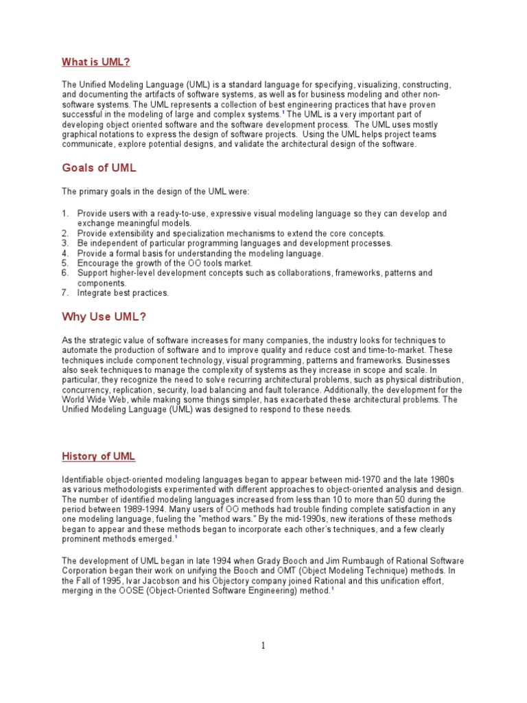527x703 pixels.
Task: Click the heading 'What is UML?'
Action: point(96,62)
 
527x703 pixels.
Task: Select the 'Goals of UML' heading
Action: point(99,168)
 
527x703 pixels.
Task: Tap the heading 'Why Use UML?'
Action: point(104,316)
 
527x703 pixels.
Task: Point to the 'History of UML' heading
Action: point(99,457)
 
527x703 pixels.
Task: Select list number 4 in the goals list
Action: point(65,253)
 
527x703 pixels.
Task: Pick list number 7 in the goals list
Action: point(65,292)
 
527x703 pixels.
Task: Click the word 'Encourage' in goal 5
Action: point(97,263)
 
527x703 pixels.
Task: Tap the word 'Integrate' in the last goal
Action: point(94,292)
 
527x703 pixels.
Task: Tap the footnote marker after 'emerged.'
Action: point(176,538)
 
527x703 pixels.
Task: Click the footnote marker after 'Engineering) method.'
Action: point(333,588)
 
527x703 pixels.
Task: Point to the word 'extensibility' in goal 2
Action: point(130,233)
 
